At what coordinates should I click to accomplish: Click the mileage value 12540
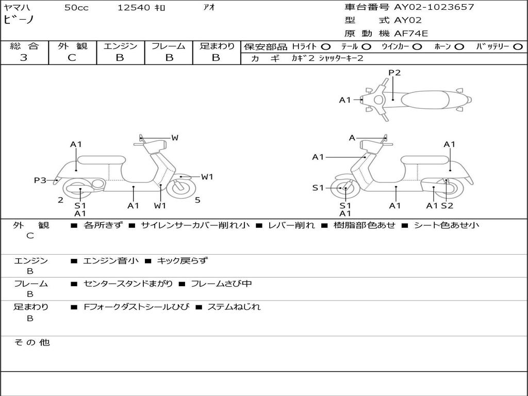(x=134, y=8)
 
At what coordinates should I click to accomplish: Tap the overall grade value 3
(x=24, y=58)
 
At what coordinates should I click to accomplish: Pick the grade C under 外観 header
(x=72, y=58)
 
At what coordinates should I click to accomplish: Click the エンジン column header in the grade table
(x=120, y=46)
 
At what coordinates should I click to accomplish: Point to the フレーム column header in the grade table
(x=168, y=46)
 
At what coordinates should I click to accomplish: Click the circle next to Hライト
(x=326, y=46)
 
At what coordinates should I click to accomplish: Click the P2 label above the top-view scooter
(x=394, y=73)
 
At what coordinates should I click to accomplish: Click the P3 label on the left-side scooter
(x=40, y=180)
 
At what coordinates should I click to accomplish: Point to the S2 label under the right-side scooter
(x=447, y=206)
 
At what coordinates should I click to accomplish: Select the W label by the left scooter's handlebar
(x=175, y=138)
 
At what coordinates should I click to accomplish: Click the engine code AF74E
(x=411, y=34)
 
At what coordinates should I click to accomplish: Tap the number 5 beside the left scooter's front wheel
(x=197, y=200)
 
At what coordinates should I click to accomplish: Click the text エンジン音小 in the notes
(x=111, y=261)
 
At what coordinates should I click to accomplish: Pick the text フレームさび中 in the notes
(x=221, y=284)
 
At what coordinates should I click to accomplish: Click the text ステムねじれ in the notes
(x=234, y=307)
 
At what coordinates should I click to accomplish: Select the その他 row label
(x=32, y=342)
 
